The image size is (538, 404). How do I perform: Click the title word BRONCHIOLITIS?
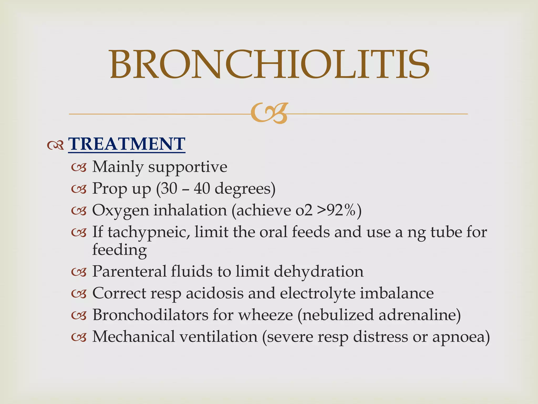click(270, 65)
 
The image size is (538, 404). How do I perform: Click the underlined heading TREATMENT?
click(127, 144)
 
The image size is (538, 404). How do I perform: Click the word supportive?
click(188, 167)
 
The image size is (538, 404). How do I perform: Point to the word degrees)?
click(245, 189)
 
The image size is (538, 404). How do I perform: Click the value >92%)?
click(339, 210)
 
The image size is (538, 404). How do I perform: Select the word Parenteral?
click(129, 271)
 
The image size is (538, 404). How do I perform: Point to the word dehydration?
click(318, 271)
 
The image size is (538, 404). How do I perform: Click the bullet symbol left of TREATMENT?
click(55, 145)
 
